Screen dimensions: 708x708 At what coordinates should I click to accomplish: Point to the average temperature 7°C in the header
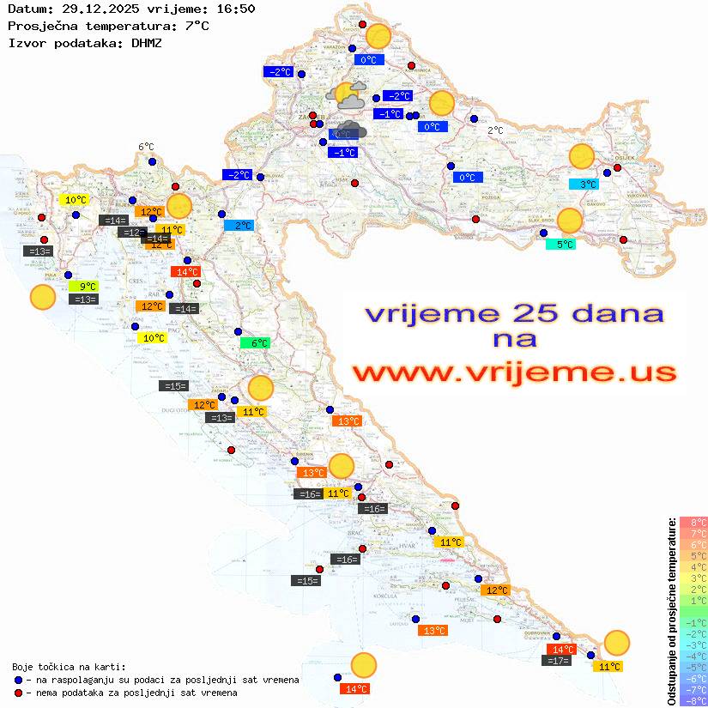[x=197, y=26]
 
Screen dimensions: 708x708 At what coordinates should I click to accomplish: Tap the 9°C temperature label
[x=87, y=286]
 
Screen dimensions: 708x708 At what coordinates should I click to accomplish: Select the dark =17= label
[x=558, y=660]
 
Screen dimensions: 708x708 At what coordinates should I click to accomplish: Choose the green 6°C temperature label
[x=255, y=342]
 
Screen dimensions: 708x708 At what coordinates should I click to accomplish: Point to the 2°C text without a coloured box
[x=495, y=130]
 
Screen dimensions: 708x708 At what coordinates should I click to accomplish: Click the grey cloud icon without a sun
[x=350, y=130]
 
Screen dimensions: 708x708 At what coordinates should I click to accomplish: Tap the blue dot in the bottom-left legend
[x=18, y=680]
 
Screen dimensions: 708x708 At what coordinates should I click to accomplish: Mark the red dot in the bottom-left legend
[x=18, y=692]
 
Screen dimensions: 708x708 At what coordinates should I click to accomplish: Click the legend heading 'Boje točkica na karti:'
[x=69, y=666]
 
